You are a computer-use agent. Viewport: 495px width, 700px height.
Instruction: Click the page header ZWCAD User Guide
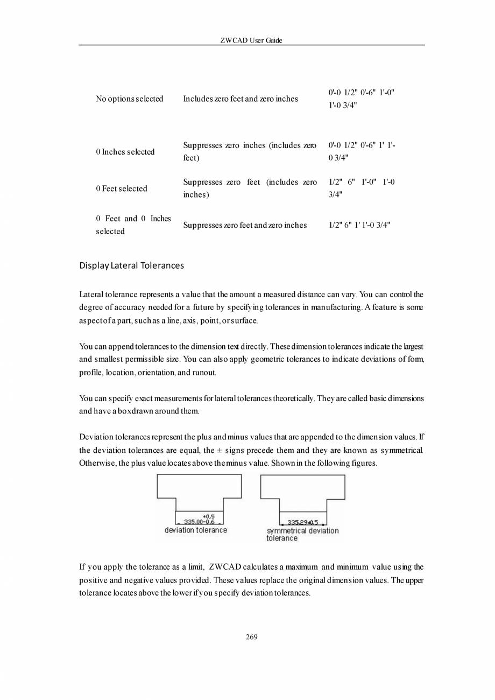click(x=251, y=40)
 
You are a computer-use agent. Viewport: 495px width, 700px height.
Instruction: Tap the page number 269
click(x=251, y=637)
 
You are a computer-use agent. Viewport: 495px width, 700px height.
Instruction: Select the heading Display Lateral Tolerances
click(x=131, y=265)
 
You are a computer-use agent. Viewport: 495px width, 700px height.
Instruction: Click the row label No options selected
click(x=129, y=99)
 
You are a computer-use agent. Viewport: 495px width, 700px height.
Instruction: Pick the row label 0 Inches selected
click(x=125, y=152)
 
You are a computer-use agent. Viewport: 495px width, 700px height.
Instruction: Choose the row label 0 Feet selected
click(x=121, y=188)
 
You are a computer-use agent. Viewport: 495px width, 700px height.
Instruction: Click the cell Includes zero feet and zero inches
click(x=240, y=99)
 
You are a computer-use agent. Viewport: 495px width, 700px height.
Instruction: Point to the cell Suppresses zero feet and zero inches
click(x=245, y=225)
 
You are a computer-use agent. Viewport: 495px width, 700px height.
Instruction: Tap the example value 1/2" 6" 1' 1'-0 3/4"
click(x=359, y=225)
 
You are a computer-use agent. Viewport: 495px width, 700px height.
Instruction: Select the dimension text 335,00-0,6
click(x=199, y=522)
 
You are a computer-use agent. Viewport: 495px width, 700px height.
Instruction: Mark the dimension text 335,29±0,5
click(x=303, y=522)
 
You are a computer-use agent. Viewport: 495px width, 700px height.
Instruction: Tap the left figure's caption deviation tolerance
click(x=196, y=530)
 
